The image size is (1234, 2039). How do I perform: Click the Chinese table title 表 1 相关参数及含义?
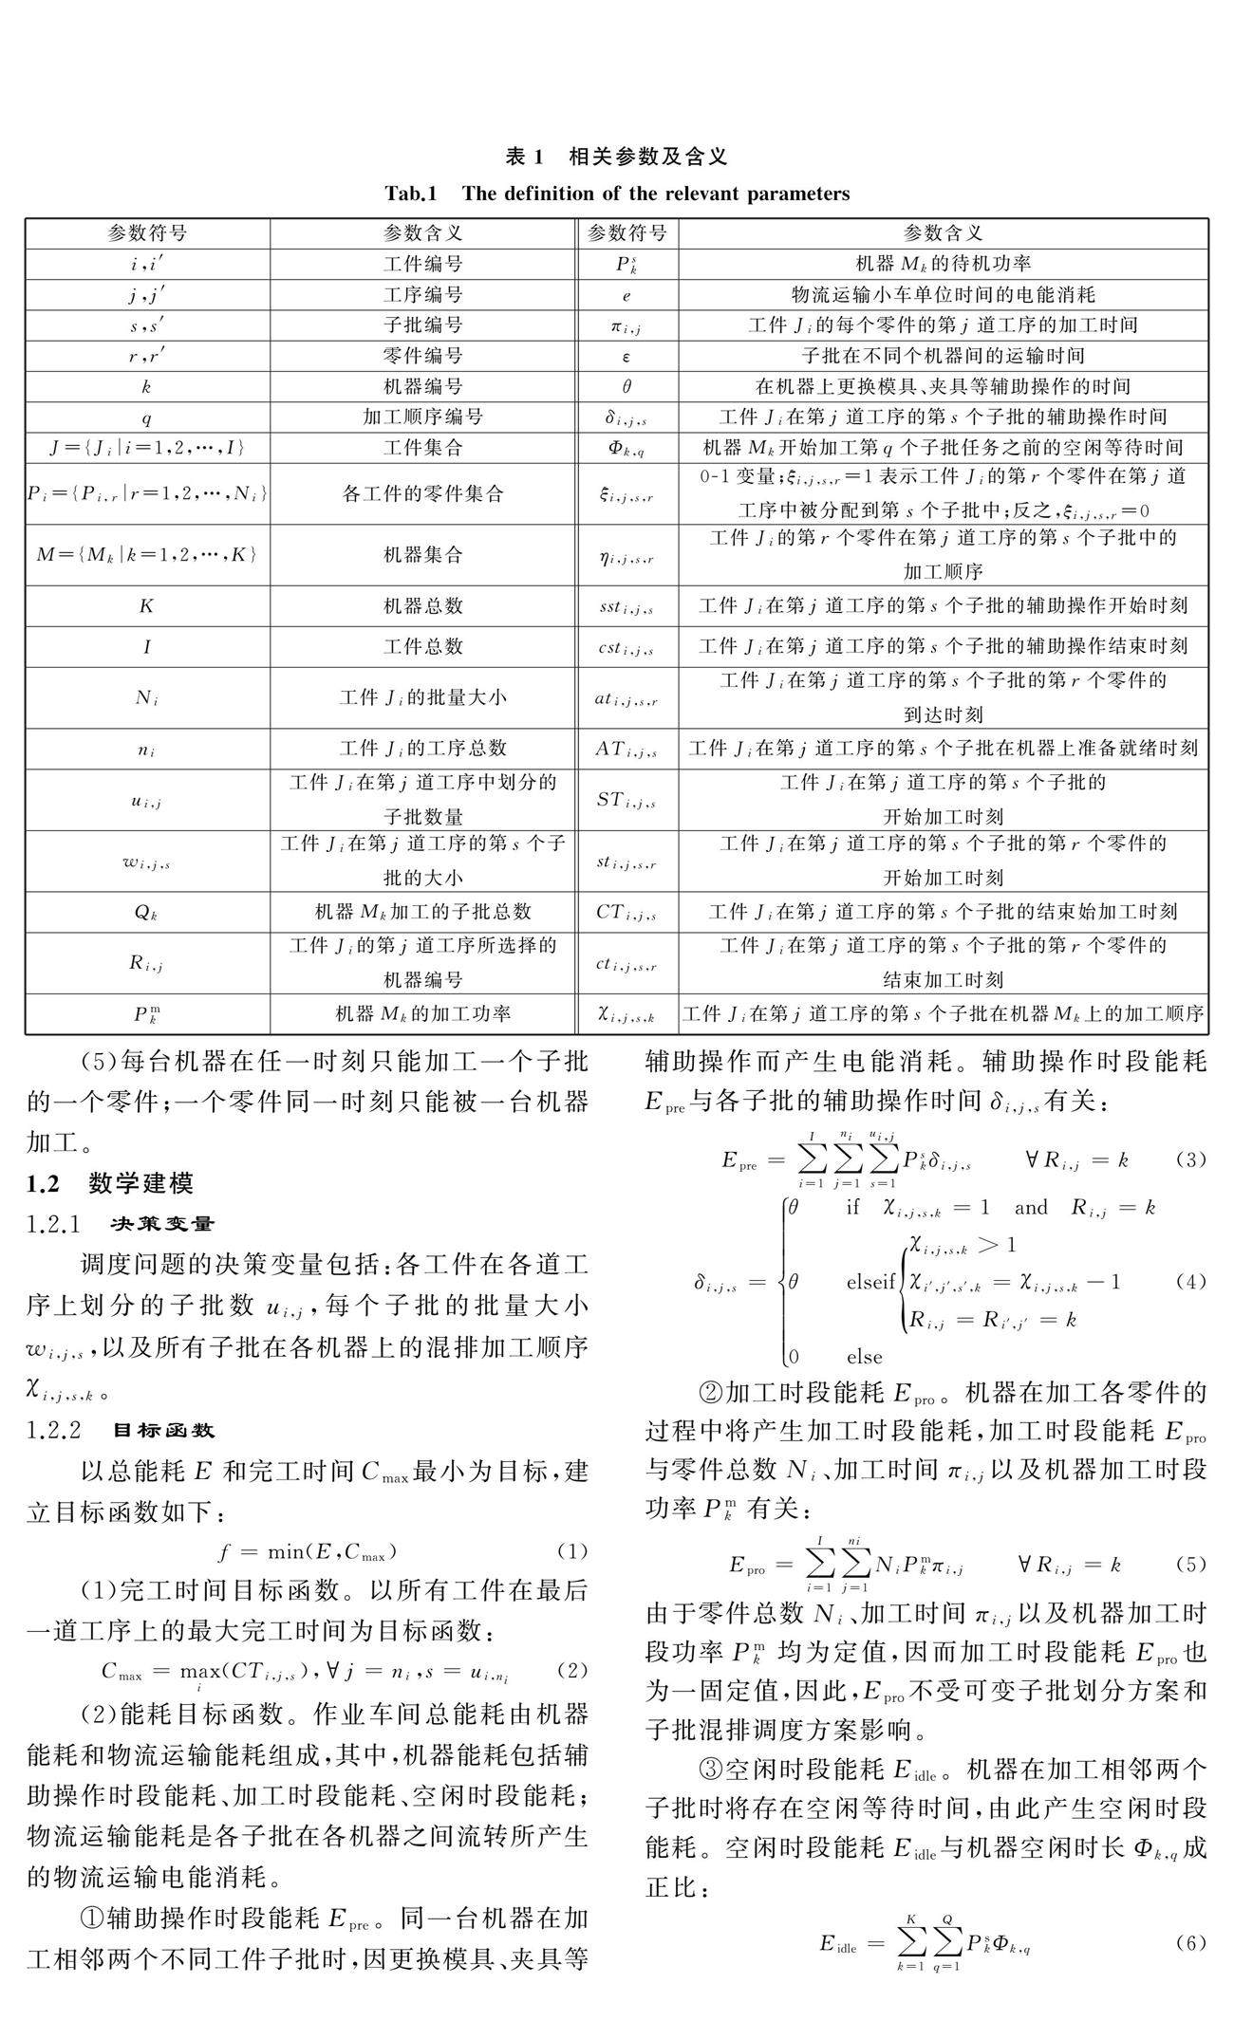616,156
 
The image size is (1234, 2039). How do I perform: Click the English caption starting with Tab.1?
616,195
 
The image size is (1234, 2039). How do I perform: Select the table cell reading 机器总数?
422,605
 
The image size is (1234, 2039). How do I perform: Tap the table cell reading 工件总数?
422,646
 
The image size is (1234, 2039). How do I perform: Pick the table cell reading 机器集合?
422,555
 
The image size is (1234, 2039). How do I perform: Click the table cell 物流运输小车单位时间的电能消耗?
943,294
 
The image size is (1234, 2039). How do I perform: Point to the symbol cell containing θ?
626,386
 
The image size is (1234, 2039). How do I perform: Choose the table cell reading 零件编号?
422,356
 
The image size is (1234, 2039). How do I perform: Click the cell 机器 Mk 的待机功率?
943,264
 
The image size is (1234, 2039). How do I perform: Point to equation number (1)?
572,1551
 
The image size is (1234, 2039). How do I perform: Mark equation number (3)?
1190,1159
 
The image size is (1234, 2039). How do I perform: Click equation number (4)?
1190,1282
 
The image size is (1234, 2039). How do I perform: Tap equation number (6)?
1190,1941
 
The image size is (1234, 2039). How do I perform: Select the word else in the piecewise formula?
864,1356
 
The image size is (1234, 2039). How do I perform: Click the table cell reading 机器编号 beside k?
422,386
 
